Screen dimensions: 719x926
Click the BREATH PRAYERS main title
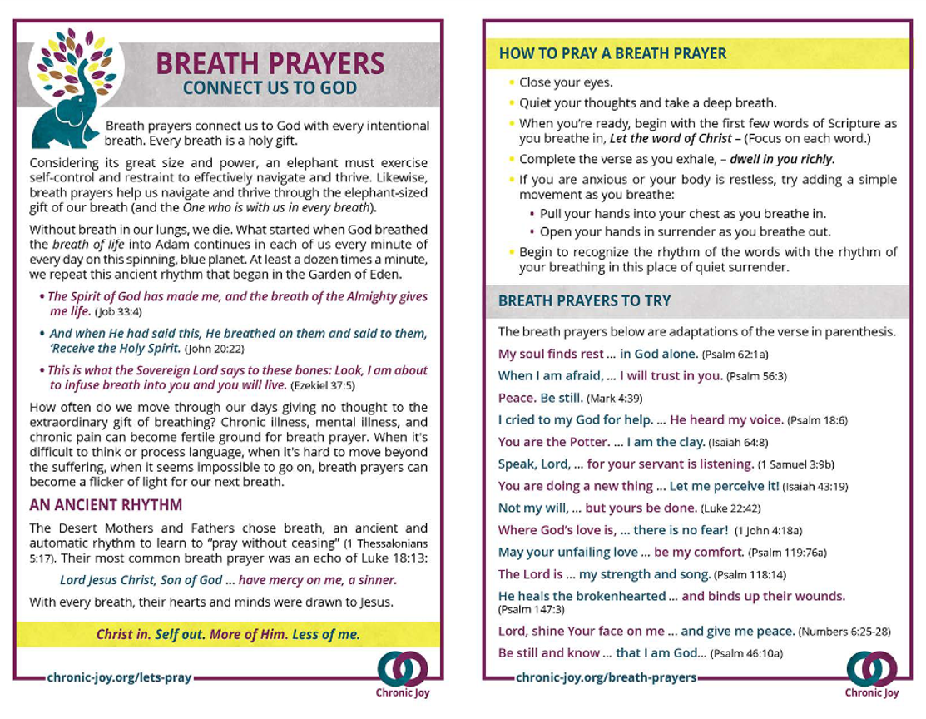[x=270, y=63]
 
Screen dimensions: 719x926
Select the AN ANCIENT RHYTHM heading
[x=106, y=505]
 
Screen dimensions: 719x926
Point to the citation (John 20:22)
[x=214, y=349]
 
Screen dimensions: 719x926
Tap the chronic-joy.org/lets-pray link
[x=120, y=678]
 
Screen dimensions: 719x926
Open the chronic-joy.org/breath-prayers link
[x=606, y=678]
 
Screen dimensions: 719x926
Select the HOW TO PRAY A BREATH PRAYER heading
[x=612, y=54]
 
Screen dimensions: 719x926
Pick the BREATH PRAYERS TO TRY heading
[x=584, y=301]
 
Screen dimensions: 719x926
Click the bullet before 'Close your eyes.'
[x=511, y=82]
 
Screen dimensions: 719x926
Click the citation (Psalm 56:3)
[x=756, y=376]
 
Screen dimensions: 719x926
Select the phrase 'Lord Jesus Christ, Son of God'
[x=141, y=580]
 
